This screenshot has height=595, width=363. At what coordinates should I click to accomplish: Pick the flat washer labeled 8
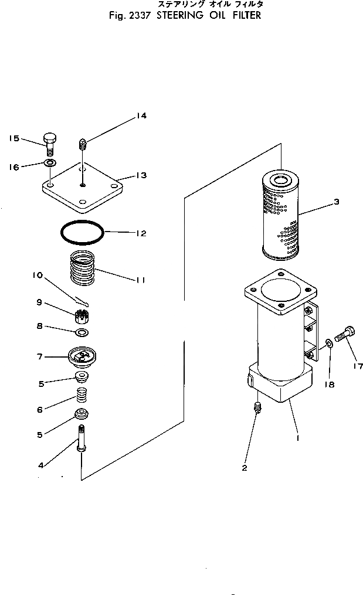click(x=82, y=334)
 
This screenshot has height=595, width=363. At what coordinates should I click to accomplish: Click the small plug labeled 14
click(x=83, y=144)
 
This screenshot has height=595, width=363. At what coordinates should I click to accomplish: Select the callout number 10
click(x=38, y=274)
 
